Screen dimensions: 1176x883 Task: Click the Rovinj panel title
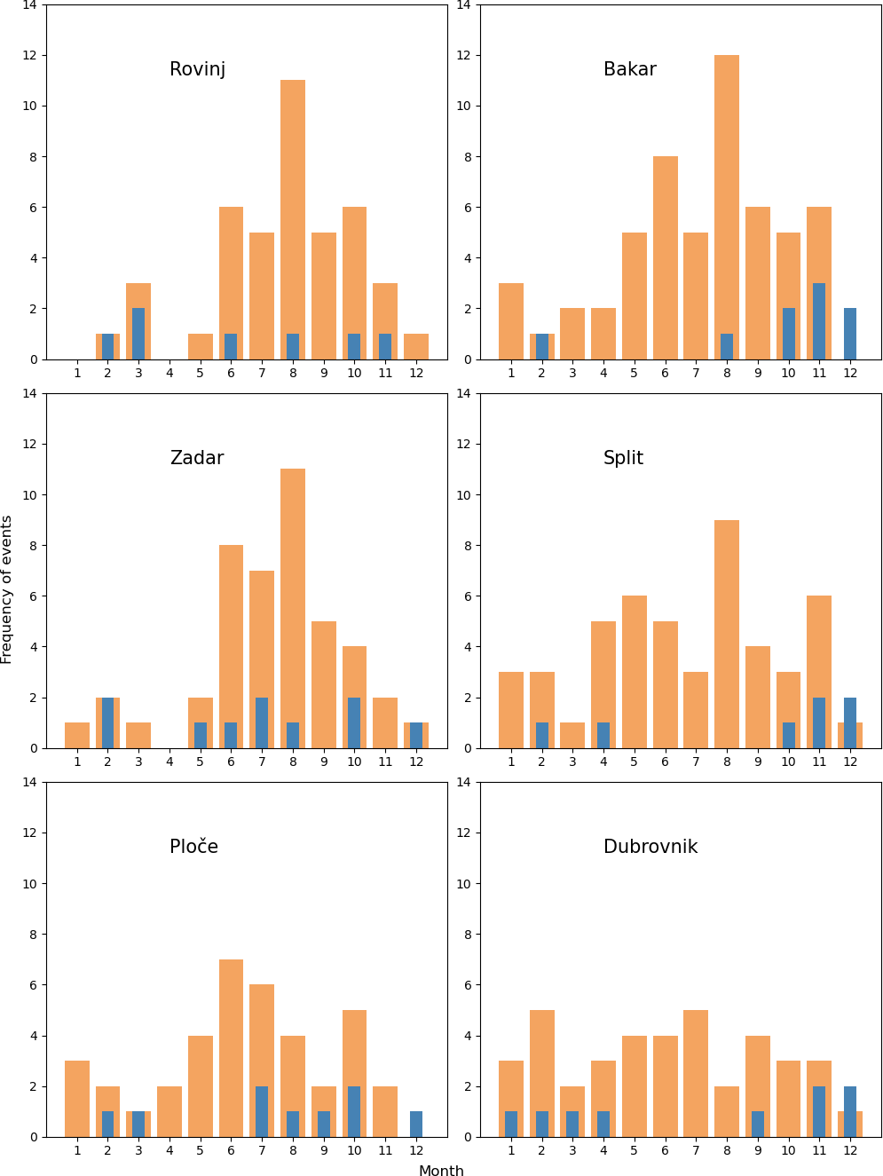197,69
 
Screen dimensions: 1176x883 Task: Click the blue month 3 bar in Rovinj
138,334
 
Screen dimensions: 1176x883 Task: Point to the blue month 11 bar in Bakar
819,321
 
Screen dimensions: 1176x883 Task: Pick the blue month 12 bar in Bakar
850,334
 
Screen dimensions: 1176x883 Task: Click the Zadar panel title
197,458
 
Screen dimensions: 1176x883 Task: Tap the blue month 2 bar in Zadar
108,722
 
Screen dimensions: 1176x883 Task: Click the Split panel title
623,458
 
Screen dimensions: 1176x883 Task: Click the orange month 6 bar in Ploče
231,1047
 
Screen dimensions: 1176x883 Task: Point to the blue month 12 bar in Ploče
416,1124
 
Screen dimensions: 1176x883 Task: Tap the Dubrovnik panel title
650,847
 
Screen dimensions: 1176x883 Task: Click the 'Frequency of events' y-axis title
7,589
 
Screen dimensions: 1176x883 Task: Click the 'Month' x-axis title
441,1171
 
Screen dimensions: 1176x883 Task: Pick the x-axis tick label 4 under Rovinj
170,373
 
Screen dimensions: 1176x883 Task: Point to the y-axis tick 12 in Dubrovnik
465,833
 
